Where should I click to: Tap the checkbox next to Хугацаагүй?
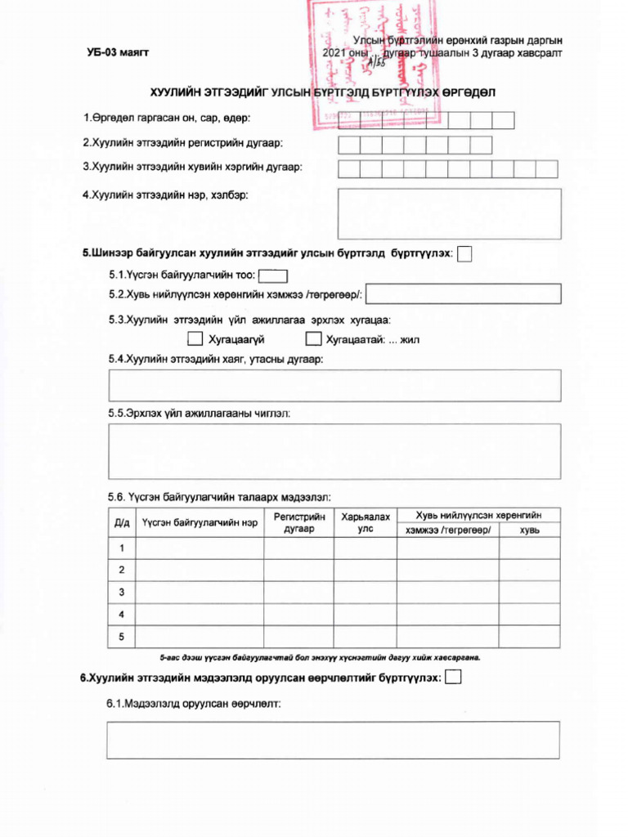point(195,338)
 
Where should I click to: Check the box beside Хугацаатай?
point(312,338)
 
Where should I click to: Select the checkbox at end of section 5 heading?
point(464,254)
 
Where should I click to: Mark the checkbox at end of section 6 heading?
point(454,677)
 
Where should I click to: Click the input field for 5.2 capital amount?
point(468,293)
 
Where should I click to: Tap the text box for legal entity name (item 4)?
point(449,213)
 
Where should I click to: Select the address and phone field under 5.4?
point(334,385)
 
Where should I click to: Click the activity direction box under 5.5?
point(334,451)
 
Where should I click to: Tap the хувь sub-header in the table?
point(529,530)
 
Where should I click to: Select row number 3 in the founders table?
point(121,592)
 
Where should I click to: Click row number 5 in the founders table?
point(121,636)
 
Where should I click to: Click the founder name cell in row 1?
point(199,548)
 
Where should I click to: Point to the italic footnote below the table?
point(320,656)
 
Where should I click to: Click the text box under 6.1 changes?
point(334,740)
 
